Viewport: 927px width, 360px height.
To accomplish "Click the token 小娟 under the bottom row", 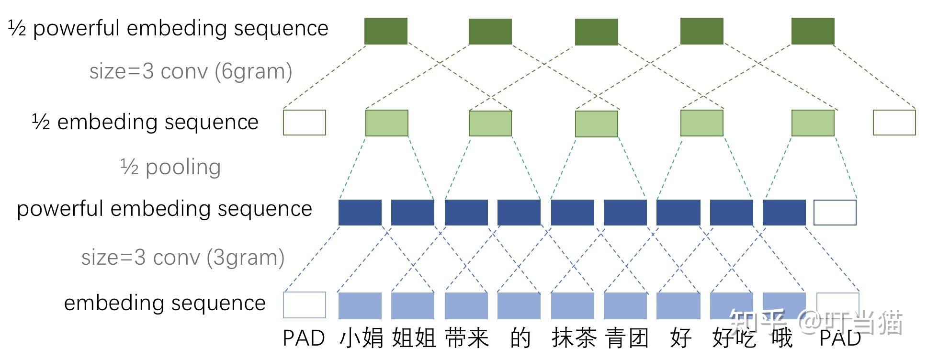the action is coord(361,338).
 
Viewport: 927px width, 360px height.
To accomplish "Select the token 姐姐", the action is coord(414,338).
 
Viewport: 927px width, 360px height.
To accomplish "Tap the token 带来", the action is coord(467,338).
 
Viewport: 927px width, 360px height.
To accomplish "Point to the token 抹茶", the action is coord(574,338).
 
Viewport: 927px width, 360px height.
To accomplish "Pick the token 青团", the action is coord(627,338).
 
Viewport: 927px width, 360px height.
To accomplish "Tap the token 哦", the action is coord(782,338).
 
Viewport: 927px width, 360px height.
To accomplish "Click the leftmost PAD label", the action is coord(304,338).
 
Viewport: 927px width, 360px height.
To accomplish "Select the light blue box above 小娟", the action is coord(360,305).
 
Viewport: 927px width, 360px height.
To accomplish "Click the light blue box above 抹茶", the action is coord(573,305).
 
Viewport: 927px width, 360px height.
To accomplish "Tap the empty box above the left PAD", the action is coord(305,305).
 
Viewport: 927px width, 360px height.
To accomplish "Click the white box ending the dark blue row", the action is coord(835,213).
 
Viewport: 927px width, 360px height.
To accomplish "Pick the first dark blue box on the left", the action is coord(360,213).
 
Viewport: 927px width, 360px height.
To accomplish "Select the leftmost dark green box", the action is coord(386,31).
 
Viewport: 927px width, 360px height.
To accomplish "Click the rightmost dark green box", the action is coord(813,31).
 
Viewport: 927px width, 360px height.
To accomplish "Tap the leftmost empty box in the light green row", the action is coord(305,123).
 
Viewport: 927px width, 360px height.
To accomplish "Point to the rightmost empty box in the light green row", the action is coord(894,123).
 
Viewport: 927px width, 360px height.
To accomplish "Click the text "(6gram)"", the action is coord(253,72).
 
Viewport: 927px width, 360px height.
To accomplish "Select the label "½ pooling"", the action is coord(170,167).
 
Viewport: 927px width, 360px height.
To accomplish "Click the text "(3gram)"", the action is coord(246,258).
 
